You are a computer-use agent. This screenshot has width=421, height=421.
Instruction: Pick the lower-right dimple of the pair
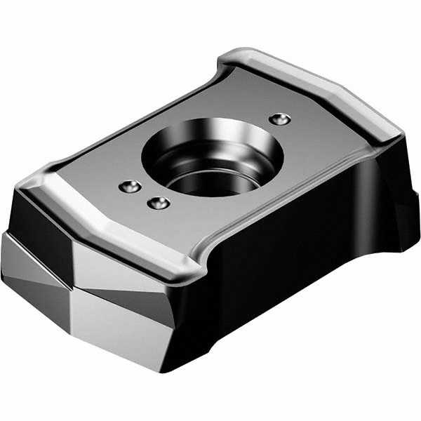pos(158,203)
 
